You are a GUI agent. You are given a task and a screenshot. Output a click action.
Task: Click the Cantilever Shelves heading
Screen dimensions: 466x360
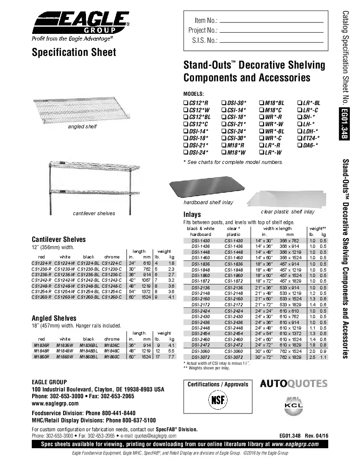(x=59, y=239)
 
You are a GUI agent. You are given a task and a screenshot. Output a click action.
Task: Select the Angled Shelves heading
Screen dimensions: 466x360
(x=54, y=318)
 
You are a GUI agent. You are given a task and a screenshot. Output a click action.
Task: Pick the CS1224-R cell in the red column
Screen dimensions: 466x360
(x=42, y=263)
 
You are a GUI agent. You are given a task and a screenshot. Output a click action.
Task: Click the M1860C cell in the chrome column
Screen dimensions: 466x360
(x=112, y=357)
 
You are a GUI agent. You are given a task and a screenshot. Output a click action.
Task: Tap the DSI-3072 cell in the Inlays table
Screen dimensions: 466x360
(x=200, y=358)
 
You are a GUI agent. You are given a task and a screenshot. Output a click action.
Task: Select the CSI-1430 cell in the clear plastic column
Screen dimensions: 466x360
(x=233, y=241)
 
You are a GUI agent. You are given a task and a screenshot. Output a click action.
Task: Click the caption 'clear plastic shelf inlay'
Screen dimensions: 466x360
(x=288, y=211)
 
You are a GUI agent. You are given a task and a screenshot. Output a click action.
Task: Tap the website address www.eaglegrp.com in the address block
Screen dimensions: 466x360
(x=55, y=403)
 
